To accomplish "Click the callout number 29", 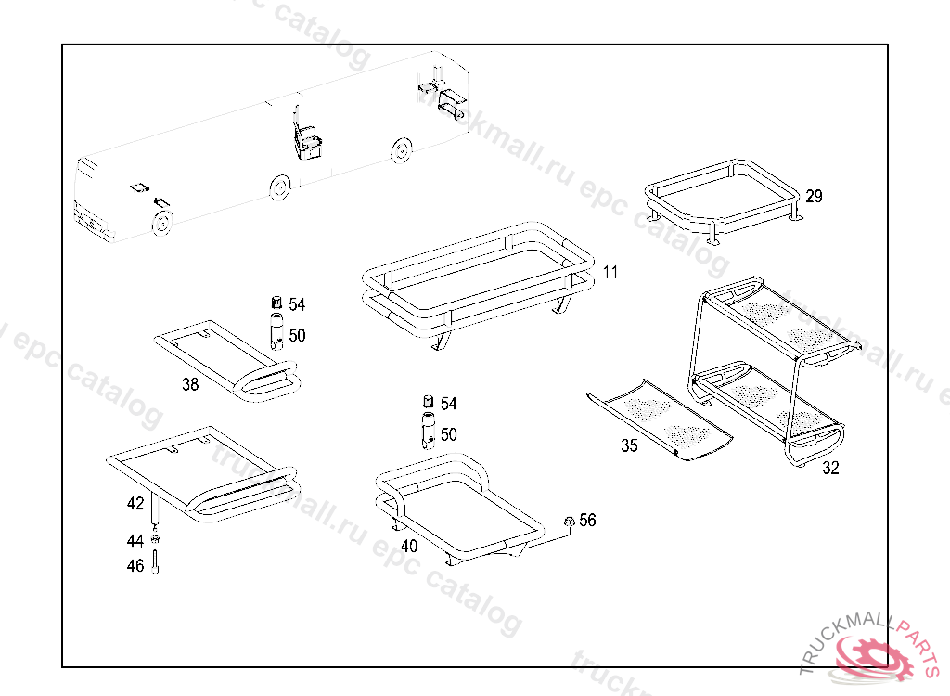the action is click(x=814, y=196).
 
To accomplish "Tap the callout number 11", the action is click(x=609, y=272).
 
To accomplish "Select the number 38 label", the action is click(x=190, y=384).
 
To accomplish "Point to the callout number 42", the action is click(x=135, y=504).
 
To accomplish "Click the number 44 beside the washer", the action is click(x=135, y=540).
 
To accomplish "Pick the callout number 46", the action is click(x=135, y=565).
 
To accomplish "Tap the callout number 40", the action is click(x=409, y=546).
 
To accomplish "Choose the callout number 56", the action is click(x=587, y=520).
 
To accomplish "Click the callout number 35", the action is click(x=629, y=445).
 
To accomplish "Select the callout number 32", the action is click(x=830, y=469).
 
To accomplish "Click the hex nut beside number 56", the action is click(x=568, y=522).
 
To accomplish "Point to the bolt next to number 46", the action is click(x=155, y=562).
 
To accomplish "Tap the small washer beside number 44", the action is click(x=155, y=541).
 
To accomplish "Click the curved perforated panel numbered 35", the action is click(x=661, y=420).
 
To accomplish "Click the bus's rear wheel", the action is click(x=401, y=149).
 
